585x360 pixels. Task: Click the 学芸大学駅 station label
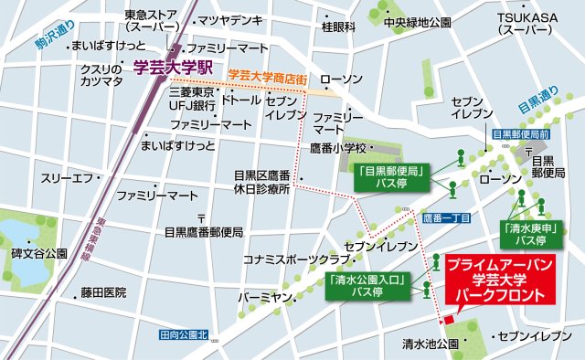172,67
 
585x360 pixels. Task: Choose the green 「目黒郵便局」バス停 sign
388,176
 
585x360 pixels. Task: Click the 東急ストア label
151,21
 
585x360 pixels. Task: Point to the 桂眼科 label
338,27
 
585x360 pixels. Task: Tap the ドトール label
241,99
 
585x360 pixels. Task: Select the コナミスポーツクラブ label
291,259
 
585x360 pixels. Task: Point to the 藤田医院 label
102,292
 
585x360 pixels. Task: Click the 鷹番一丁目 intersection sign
447,218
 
